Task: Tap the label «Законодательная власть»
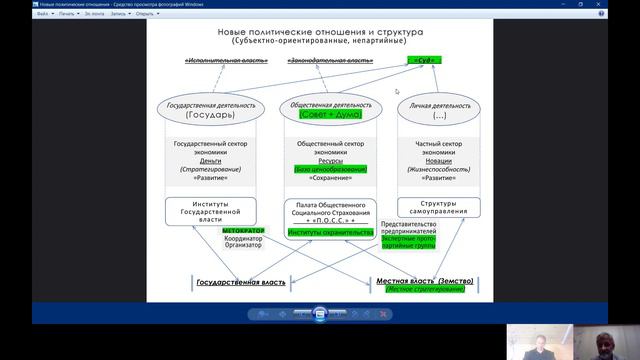tap(330, 61)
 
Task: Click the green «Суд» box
tap(424, 61)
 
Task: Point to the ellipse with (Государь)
tap(209, 109)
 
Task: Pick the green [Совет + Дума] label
tap(325, 114)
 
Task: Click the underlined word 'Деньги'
tap(211, 160)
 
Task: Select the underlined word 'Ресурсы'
tap(325, 160)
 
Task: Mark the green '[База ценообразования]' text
tap(325, 169)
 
